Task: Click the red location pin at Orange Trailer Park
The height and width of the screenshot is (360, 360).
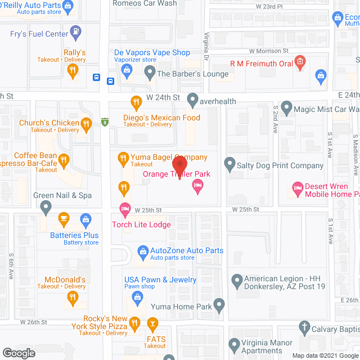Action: (179, 167)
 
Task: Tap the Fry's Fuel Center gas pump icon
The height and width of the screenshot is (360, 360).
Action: (74, 30)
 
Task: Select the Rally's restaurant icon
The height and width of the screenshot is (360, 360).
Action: (72, 71)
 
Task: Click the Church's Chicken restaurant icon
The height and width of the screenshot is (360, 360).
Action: (85, 123)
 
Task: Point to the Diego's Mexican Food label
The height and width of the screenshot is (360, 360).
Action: (161, 118)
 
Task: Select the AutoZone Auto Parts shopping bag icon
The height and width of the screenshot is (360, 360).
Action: (143, 251)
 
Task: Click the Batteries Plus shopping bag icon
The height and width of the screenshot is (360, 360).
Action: (85, 218)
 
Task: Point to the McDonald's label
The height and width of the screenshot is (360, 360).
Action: (65, 280)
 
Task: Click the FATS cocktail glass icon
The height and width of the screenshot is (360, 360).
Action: (151, 323)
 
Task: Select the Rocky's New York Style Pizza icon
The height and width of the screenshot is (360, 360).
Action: (134, 323)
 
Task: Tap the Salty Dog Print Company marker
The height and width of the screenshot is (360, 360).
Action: (229, 165)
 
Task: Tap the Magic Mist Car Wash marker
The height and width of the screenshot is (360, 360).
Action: (286, 107)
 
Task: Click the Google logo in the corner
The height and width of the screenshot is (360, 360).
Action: (18, 353)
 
